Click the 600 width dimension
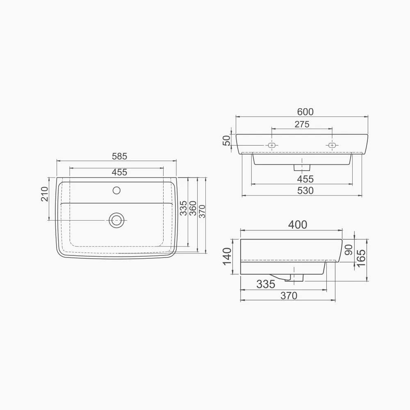click(x=305, y=112)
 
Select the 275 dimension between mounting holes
click(x=302, y=124)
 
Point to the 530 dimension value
click(x=305, y=191)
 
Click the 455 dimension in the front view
click(x=305, y=179)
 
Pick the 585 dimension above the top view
click(x=119, y=156)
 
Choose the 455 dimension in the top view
click(x=119, y=173)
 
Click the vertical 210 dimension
click(x=45, y=194)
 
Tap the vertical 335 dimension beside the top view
click(x=183, y=208)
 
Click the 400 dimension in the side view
click(x=297, y=225)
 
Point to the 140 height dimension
click(x=227, y=256)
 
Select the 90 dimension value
click(x=348, y=250)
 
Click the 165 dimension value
click(x=361, y=258)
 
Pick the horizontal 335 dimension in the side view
click(x=266, y=284)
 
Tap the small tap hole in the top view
click(x=116, y=190)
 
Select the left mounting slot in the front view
click(x=271, y=145)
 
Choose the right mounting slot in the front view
click(x=332, y=145)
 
